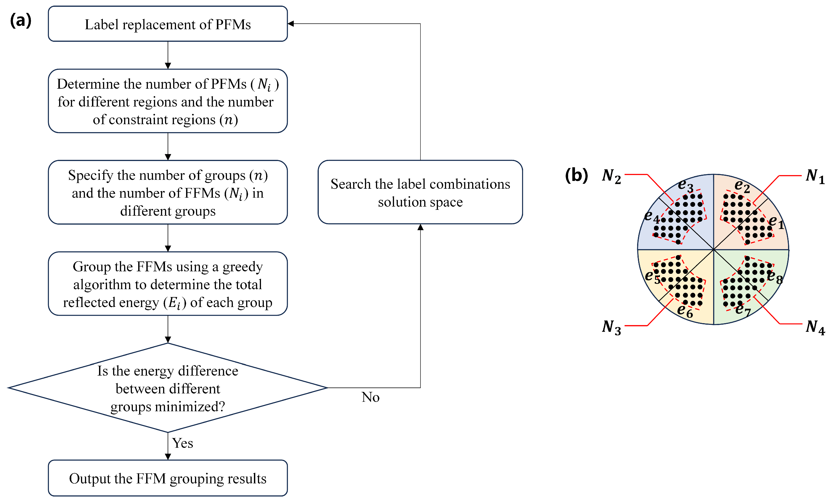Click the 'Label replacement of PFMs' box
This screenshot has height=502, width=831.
tap(168, 24)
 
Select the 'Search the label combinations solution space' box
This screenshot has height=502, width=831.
tap(420, 192)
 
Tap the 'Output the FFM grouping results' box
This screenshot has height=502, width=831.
tap(168, 478)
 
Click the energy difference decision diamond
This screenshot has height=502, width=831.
tap(168, 388)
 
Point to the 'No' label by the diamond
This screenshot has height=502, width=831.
tap(370, 397)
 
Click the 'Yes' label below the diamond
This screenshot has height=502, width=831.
tap(182, 443)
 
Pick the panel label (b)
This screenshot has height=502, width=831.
tap(576, 175)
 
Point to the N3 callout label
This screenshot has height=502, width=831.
tap(611, 328)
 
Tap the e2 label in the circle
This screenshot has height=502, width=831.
tap(742, 186)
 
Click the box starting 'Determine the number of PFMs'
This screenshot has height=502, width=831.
tap(168, 101)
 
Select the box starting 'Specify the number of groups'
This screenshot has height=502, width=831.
tap(168, 192)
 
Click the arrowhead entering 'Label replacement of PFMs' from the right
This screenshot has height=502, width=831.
tap(290, 24)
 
